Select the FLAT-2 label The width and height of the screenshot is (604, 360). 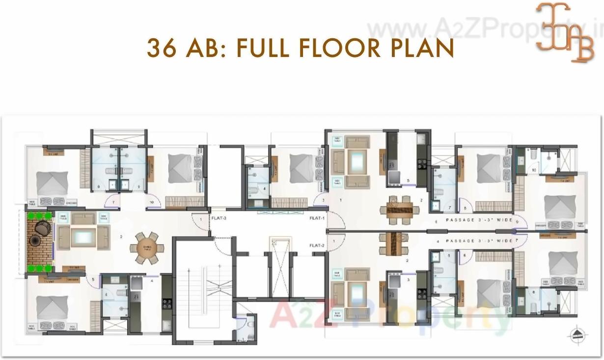pyautogui.click(x=317, y=245)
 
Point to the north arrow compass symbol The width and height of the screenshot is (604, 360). pyautogui.click(x=578, y=334)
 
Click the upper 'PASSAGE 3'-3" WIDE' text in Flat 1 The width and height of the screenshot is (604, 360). pyautogui.click(x=479, y=221)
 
